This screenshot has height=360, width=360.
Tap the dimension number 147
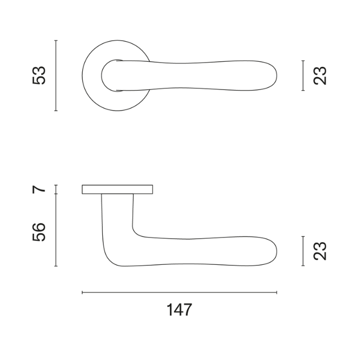179,310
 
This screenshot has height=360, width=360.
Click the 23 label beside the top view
320,75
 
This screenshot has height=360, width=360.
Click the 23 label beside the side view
320,251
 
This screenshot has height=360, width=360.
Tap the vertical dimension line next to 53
56,75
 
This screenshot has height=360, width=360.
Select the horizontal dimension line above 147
179,293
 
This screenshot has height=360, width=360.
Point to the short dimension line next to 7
56,189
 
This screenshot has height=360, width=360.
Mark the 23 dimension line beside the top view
304,75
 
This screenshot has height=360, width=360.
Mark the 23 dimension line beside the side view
304,251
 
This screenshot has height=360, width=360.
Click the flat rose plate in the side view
118,189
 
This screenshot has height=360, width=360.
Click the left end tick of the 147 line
82,293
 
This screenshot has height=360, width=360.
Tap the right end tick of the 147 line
277,293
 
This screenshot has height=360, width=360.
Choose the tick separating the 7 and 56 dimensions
56,193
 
